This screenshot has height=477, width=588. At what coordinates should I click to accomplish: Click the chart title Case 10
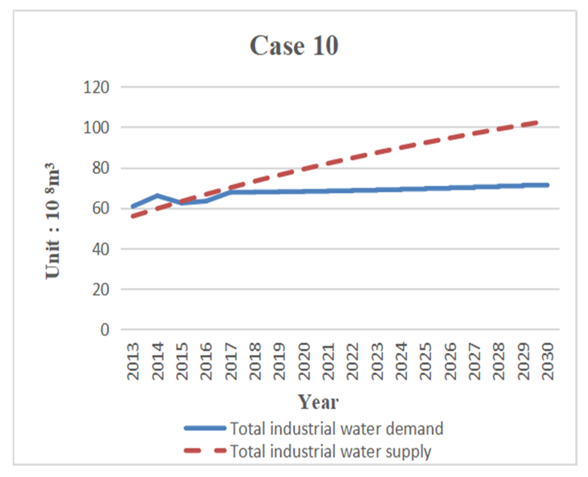294,46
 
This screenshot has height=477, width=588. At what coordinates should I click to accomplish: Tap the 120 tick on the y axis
96,87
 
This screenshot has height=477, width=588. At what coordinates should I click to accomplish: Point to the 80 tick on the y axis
100,168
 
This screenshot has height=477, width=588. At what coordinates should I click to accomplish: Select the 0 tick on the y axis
105,330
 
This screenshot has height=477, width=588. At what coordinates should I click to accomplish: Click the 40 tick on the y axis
100,249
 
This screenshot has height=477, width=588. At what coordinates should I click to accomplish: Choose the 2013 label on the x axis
133,361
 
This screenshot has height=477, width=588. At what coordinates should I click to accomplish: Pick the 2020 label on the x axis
304,361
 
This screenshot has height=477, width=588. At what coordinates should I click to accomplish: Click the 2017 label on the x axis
231,361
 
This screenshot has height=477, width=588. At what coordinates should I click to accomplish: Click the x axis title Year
318,402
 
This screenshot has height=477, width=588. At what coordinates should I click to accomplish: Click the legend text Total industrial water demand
337,429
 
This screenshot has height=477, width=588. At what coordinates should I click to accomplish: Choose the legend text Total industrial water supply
330,452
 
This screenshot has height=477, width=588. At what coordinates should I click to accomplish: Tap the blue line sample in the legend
205,428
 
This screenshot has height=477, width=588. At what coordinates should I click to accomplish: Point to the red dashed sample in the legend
205,451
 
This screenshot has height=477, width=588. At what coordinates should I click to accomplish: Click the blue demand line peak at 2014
157,196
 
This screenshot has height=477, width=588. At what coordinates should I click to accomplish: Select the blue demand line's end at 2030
548,185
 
